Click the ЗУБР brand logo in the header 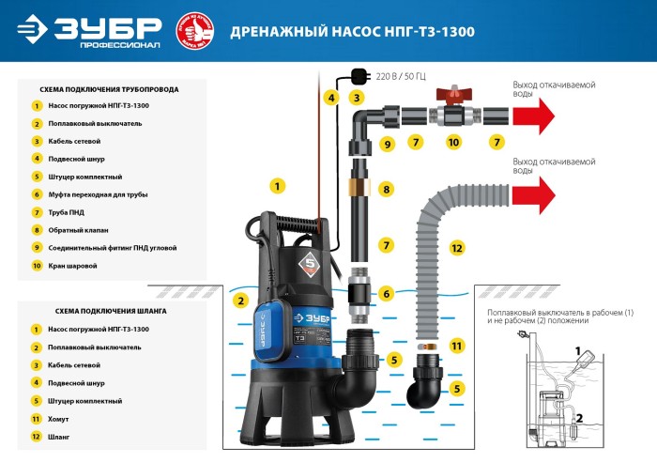click(x=89, y=31)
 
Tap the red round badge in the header click(x=195, y=30)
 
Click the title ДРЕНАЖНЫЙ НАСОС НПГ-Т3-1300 click(x=352, y=32)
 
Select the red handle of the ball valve click(x=452, y=94)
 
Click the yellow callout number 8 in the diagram click(x=386, y=190)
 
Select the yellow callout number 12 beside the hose click(x=456, y=248)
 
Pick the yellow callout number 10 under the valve click(x=452, y=144)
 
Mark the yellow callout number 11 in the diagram click(x=456, y=345)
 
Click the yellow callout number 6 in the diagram click(x=386, y=294)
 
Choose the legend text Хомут click(x=60, y=419)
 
